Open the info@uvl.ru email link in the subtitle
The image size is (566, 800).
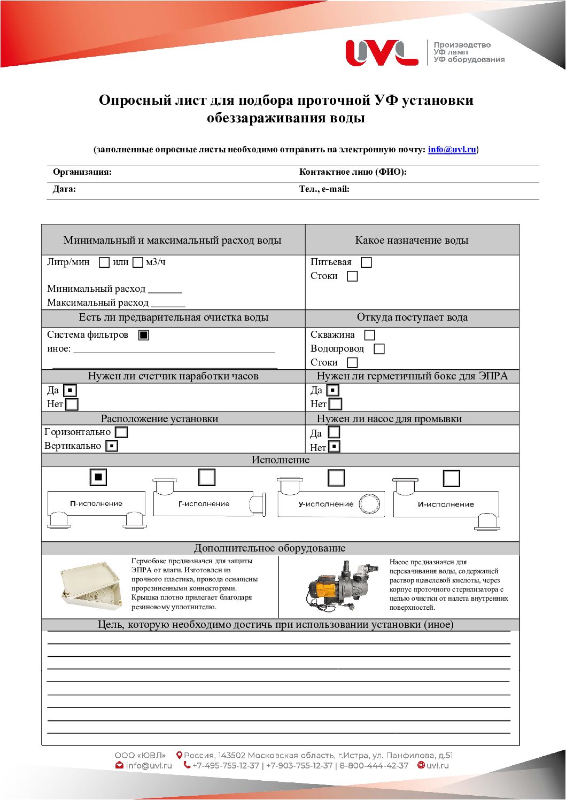(x=452, y=150)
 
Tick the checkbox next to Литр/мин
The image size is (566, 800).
(x=104, y=262)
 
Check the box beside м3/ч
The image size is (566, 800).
(x=138, y=262)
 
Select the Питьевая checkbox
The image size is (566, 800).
(x=366, y=262)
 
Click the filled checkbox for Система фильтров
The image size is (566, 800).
(x=144, y=335)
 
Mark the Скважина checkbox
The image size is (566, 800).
(x=369, y=335)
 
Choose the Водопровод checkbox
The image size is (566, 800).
(x=379, y=349)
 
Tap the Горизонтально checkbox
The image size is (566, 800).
(x=122, y=432)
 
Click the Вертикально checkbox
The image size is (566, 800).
(x=112, y=446)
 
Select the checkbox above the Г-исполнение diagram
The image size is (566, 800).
(x=207, y=477)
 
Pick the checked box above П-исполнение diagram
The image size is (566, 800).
(x=98, y=477)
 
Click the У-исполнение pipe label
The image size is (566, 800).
(x=326, y=504)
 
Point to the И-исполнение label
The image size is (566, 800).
(x=446, y=504)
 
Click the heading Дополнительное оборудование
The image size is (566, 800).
(x=269, y=548)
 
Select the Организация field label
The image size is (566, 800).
(x=82, y=172)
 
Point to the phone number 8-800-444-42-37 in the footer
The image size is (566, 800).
(x=374, y=766)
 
